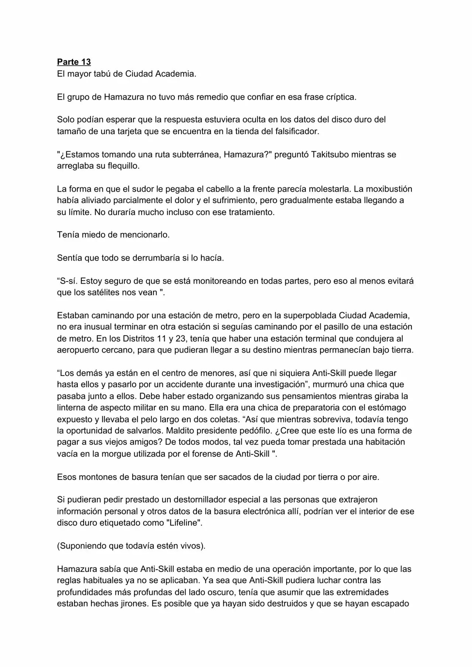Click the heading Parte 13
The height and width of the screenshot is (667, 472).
(74, 62)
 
